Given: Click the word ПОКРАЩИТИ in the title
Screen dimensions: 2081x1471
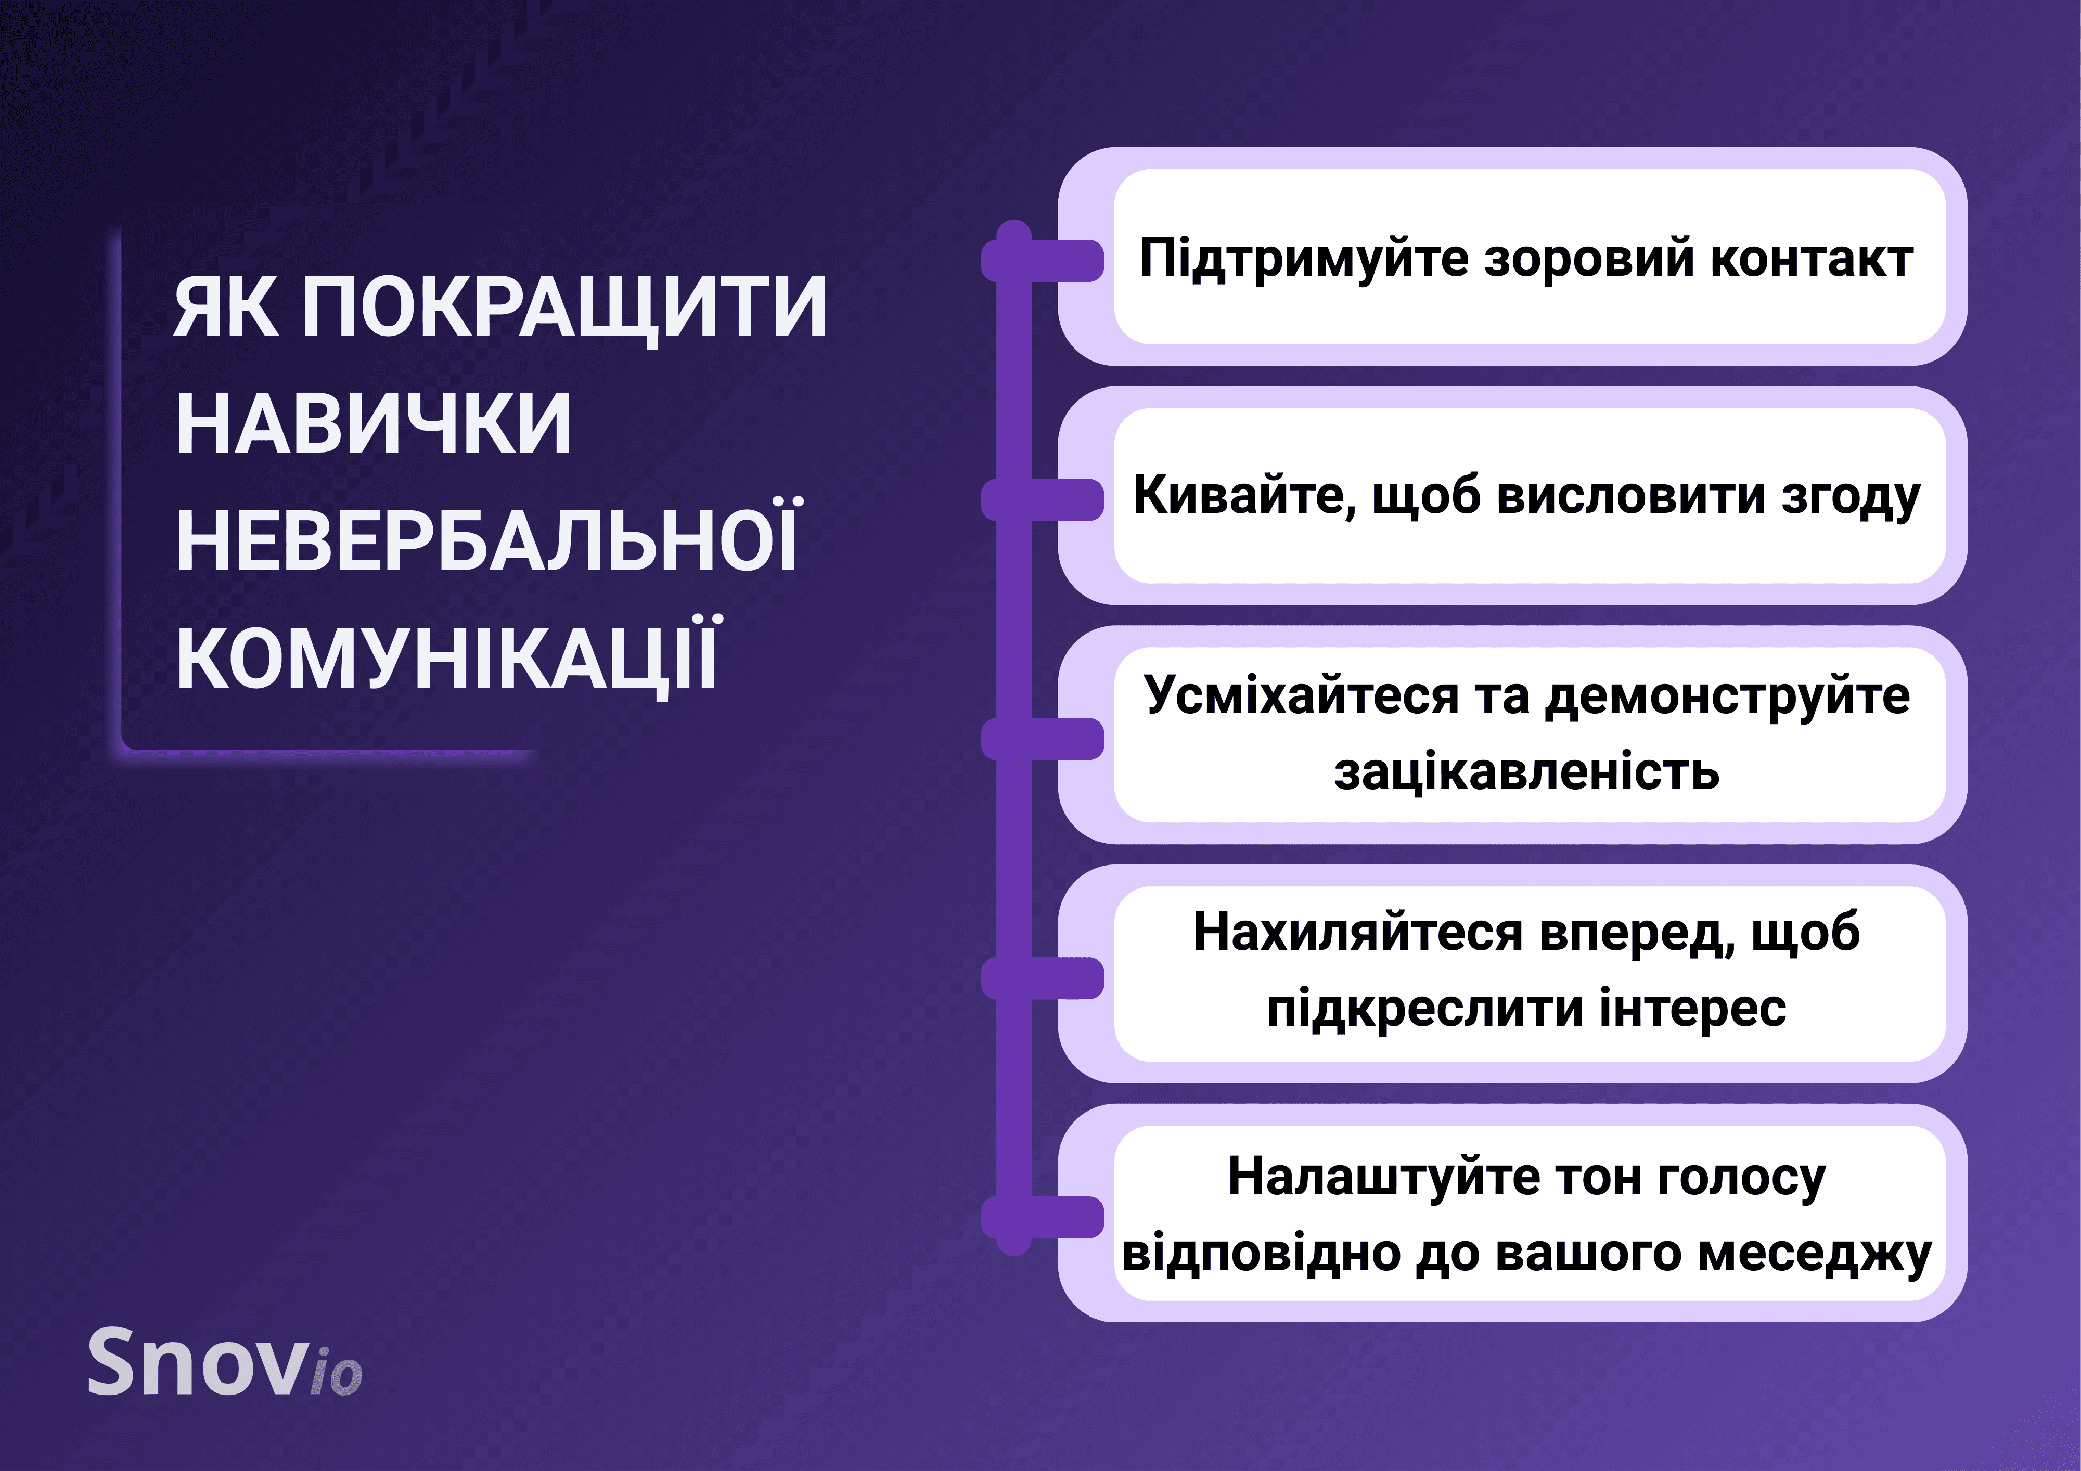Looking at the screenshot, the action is point(564,308).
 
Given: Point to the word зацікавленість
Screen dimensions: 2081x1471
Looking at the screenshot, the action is point(1527,773).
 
